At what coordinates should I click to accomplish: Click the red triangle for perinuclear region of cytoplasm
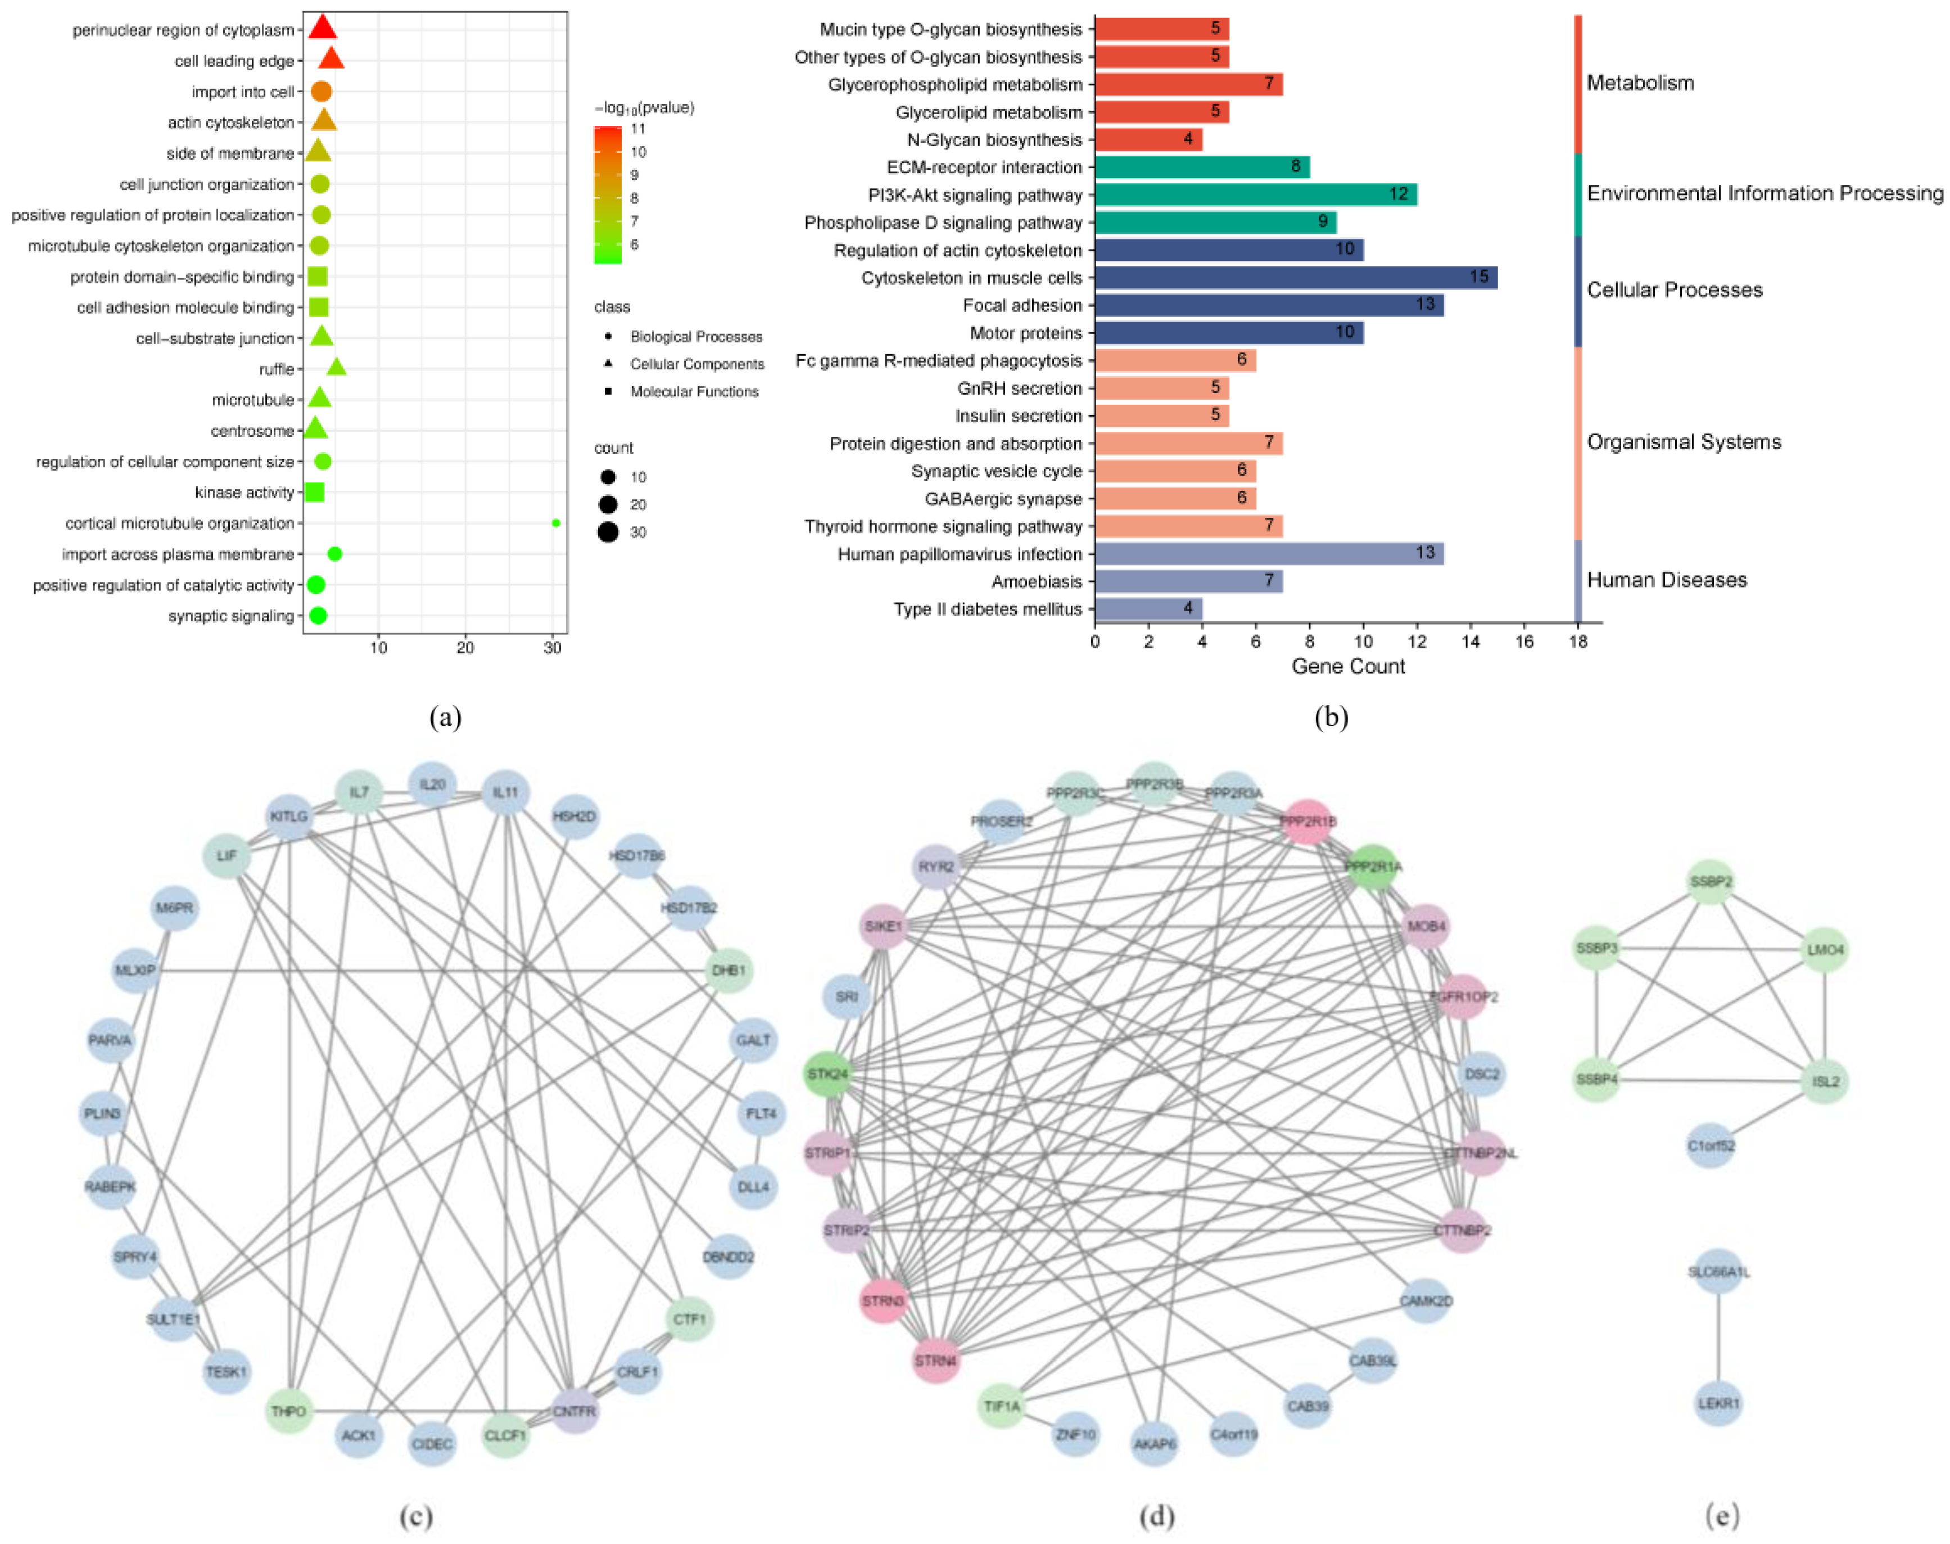(323, 28)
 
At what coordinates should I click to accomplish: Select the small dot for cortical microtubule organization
(556, 523)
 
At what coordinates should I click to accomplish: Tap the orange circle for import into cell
(321, 91)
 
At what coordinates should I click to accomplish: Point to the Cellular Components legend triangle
(608, 363)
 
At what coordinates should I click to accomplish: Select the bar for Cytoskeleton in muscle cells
(1295, 278)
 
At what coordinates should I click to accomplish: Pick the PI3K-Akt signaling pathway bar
(1255, 195)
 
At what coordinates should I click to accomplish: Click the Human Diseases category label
(1666, 580)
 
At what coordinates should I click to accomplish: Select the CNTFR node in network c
(574, 1411)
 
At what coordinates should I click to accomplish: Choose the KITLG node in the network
(289, 816)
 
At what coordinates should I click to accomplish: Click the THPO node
(289, 1411)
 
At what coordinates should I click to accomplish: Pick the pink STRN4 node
(935, 1361)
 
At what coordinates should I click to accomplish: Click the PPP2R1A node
(1373, 867)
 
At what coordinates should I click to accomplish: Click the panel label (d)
(1157, 1516)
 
